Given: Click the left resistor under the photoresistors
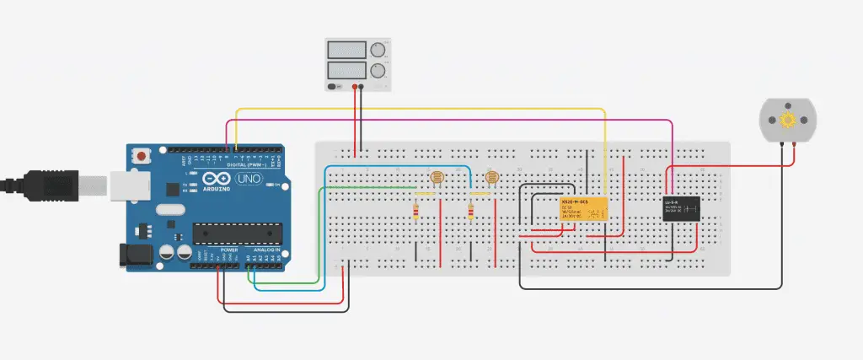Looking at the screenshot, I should tap(416, 212).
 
